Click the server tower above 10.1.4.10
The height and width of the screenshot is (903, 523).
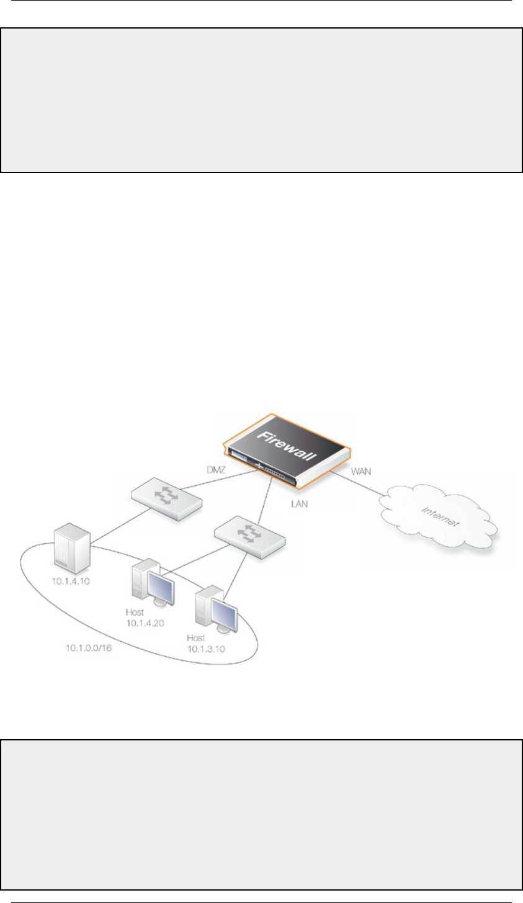[x=73, y=549]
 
